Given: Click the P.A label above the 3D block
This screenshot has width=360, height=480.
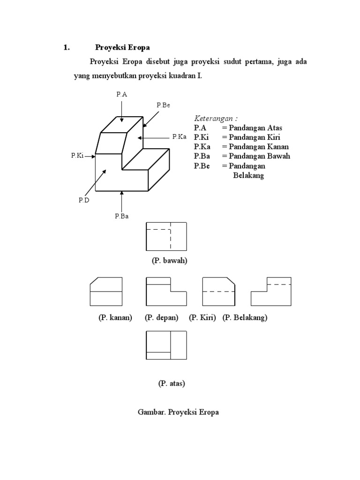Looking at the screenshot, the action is point(121,94).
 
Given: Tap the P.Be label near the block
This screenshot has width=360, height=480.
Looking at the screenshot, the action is point(163,105).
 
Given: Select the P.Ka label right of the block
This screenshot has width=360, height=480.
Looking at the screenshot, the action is point(179,137).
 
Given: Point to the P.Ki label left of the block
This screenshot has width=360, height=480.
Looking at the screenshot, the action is point(77,156).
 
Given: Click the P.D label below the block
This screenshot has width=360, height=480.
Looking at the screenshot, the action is point(84,200).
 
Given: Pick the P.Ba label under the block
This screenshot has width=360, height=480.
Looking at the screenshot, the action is point(121,216).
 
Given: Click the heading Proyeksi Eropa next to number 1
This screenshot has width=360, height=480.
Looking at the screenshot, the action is point(122,47).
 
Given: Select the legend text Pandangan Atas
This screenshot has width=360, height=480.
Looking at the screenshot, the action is point(255,128).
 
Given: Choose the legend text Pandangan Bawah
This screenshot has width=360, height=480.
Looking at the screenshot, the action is point(259,156).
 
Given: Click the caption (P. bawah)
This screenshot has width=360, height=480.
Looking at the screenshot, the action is point(169,261).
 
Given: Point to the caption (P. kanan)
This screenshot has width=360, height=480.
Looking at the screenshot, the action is point(115,317).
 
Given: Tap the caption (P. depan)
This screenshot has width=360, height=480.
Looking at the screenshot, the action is point(161,317).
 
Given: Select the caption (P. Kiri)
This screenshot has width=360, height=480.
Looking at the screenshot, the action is point(202,317).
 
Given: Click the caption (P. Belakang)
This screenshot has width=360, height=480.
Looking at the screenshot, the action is point(245,317).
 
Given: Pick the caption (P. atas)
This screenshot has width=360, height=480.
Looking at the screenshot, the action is point(172,383).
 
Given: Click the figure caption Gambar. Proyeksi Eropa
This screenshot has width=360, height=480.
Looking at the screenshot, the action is point(178,412).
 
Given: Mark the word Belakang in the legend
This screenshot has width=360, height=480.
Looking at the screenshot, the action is point(248,175).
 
